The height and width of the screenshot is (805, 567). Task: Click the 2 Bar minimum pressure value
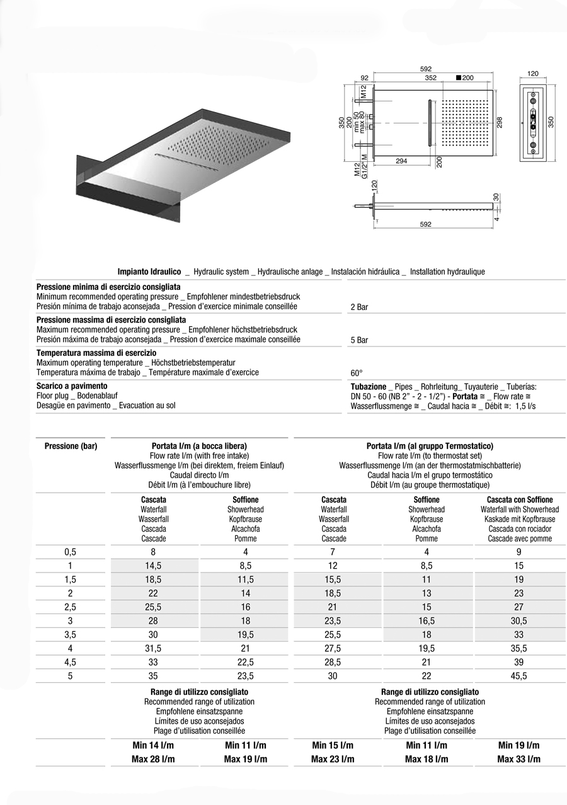pos(359,307)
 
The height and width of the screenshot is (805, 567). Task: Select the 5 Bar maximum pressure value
pos(359,340)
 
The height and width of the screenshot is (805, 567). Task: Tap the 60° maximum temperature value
pos(357,373)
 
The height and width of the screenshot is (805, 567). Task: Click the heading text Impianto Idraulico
pos(149,272)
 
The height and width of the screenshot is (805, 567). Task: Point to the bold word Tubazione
pos(369,387)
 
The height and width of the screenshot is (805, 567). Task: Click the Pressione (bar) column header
pos(71,447)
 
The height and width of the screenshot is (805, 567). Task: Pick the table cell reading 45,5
pos(519,677)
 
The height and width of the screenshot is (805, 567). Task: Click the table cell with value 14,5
pos(153,566)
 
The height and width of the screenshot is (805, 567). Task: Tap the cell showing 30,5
pos(519,621)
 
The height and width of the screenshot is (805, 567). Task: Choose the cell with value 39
pos(519,663)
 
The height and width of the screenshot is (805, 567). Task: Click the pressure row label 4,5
pos(71,663)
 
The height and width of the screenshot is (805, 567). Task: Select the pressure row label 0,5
pos(71,552)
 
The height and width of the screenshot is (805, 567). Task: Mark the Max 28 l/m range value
pos(153,760)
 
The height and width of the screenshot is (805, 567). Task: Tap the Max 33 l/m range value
pos(518,760)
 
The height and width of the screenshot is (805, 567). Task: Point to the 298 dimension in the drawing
pos(500,122)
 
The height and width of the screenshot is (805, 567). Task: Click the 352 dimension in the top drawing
pos(430,78)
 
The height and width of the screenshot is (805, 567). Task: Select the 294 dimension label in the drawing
pos(401,161)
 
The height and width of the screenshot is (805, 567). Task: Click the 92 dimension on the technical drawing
pos(364,78)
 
